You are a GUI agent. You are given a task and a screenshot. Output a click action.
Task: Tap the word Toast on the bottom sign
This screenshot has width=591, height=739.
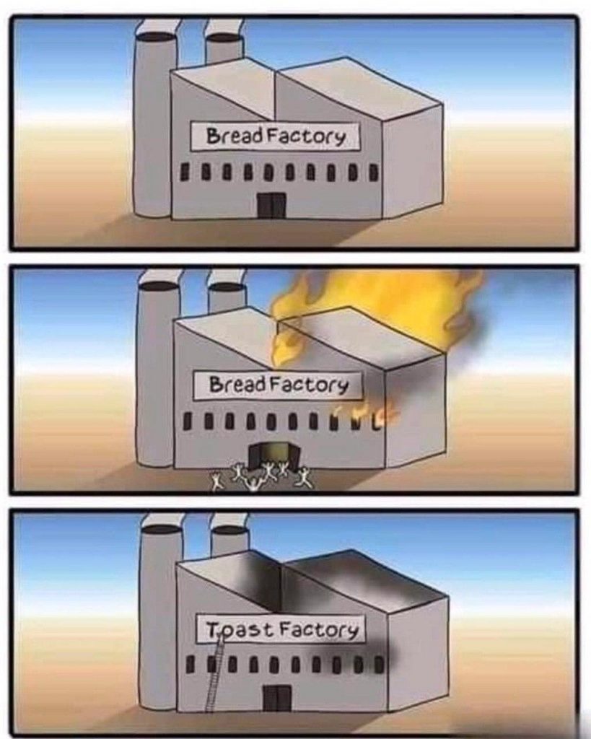(240, 629)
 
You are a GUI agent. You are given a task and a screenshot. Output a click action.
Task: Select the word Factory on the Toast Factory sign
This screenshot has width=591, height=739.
(319, 629)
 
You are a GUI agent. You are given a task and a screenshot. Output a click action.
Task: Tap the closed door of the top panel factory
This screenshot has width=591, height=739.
(271, 206)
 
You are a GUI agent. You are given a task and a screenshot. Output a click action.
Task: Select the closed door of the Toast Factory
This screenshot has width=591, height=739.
(277, 698)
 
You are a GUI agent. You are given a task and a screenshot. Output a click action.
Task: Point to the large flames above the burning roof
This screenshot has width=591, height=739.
(377, 306)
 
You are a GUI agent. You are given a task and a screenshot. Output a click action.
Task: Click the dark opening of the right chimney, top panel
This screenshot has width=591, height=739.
(224, 38)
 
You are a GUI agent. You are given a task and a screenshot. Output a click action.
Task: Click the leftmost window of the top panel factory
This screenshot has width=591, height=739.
(185, 170)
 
